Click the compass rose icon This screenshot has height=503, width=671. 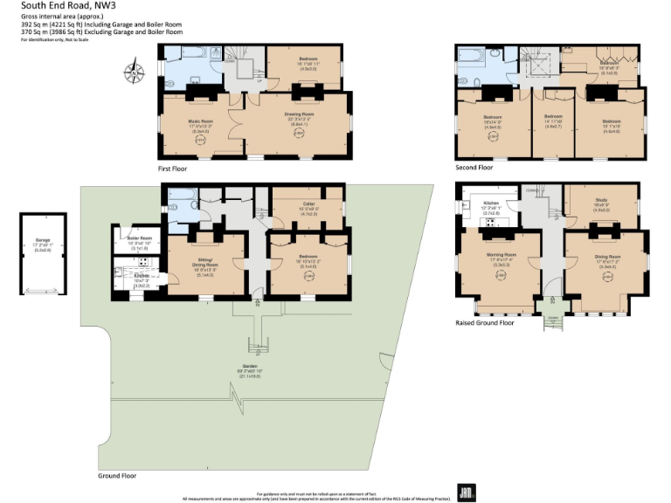click(x=135, y=72)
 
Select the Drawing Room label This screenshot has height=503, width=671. click(x=298, y=114)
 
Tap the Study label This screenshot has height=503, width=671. click(x=601, y=200)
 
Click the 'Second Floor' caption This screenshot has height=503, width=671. click(x=474, y=167)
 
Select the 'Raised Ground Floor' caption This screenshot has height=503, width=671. click(x=485, y=322)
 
